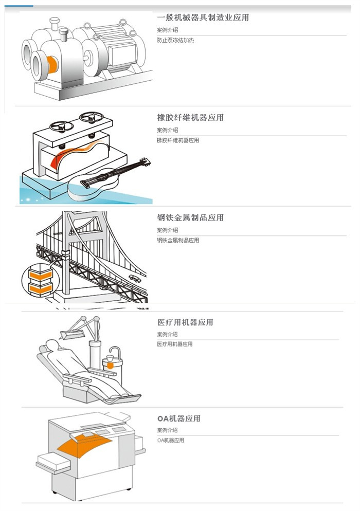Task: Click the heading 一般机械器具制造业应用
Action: point(203,17)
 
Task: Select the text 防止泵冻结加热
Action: point(175,40)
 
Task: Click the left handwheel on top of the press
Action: point(61,125)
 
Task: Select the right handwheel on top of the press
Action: point(91,118)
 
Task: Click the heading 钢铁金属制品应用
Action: point(190,217)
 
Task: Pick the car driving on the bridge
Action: point(135,278)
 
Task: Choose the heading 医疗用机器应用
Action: point(185,322)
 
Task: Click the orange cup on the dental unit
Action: point(109,364)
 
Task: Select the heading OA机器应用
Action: point(178,418)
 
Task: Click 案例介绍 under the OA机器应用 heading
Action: point(168,430)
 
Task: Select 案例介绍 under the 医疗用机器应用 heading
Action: point(168,334)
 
